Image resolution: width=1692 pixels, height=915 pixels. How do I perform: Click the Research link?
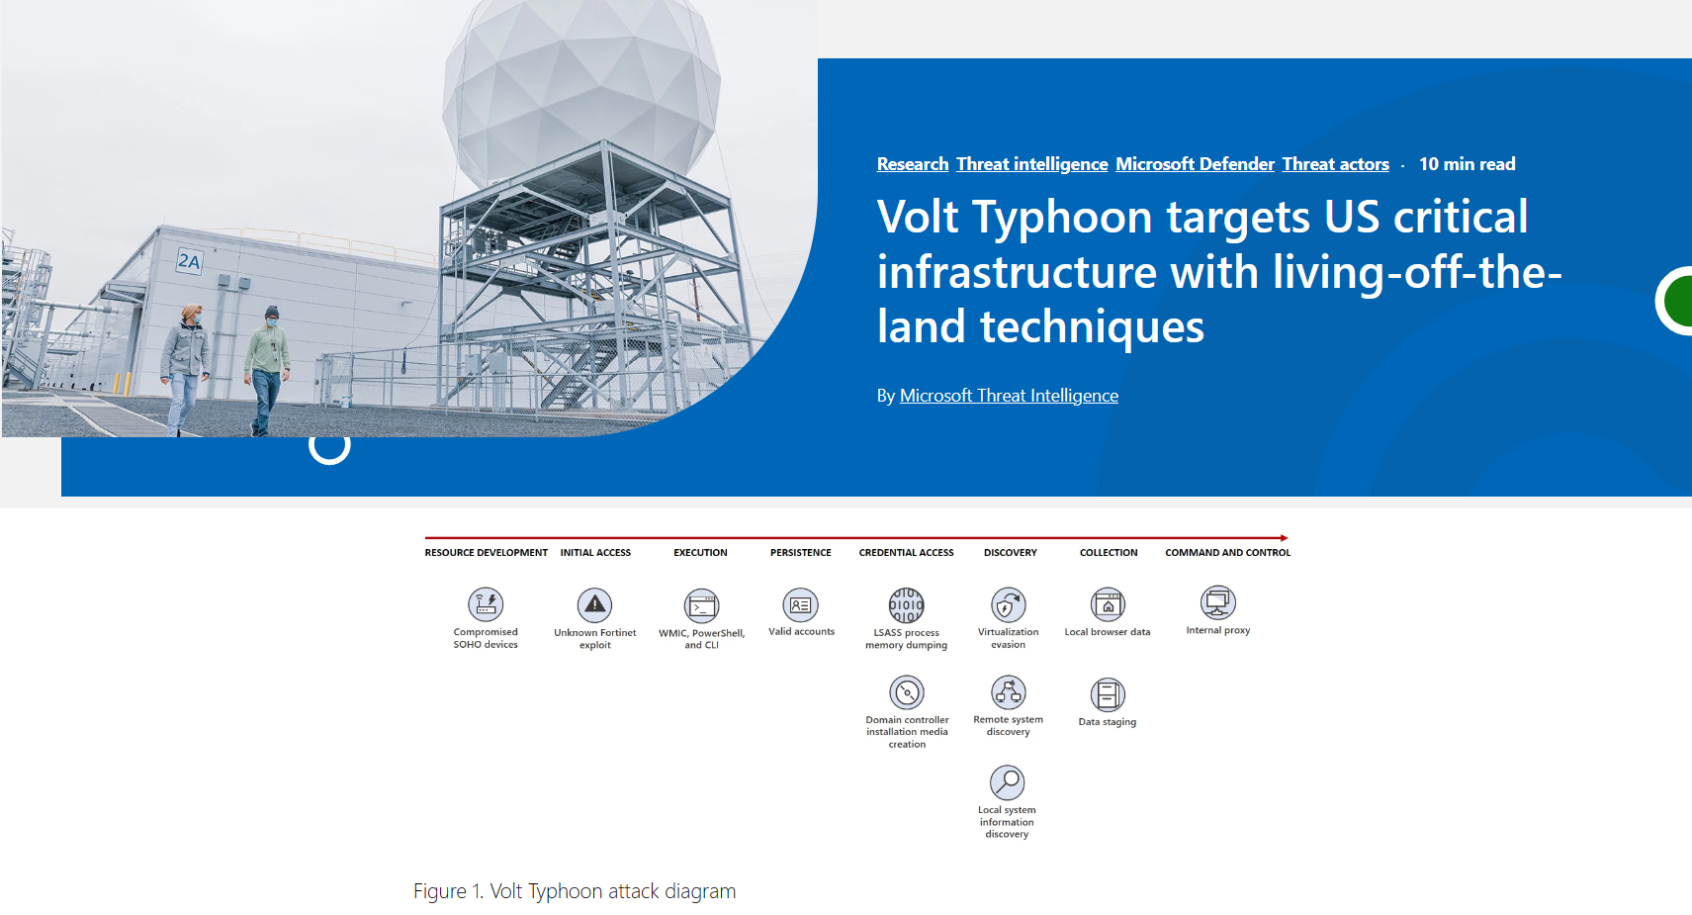pyautogui.click(x=912, y=164)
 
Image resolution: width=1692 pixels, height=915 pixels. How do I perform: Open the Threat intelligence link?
pyautogui.click(x=1031, y=164)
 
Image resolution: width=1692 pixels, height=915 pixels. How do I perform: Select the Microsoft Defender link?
pyautogui.click(x=1195, y=164)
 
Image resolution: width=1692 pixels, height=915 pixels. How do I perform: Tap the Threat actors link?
pyautogui.click(x=1335, y=164)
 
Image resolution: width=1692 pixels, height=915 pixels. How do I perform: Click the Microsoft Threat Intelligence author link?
pyautogui.click(x=1009, y=395)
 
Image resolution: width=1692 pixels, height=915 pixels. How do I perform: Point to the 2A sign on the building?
pyautogui.click(x=188, y=261)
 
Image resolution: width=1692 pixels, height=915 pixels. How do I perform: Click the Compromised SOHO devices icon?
pyautogui.click(x=486, y=604)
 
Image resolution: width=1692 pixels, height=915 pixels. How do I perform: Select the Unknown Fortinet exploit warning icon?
pyautogui.click(x=595, y=605)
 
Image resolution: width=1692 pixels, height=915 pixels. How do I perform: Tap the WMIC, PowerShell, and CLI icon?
pyautogui.click(x=702, y=606)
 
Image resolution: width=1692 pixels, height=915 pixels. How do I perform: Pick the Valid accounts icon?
pyautogui.click(x=801, y=605)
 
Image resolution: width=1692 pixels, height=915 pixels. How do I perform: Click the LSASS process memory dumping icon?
pyautogui.click(x=907, y=605)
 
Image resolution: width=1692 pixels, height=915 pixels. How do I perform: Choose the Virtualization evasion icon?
pyautogui.click(x=1009, y=604)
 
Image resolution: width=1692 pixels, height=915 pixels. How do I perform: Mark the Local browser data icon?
pyautogui.click(x=1109, y=604)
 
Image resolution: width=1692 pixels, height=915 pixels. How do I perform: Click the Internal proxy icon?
pyautogui.click(x=1218, y=603)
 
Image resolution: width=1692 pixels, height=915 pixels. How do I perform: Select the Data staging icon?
pyautogui.click(x=1109, y=694)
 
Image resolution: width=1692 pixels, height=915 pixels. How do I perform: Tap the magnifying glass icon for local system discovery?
pyautogui.click(x=1008, y=782)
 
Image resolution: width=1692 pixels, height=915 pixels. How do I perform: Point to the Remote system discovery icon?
pyautogui.click(x=1009, y=692)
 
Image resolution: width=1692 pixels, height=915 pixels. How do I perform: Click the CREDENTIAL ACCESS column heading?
pyautogui.click(x=907, y=552)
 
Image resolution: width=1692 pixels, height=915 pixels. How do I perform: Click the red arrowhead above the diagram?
pyautogui.click(x=1285, y=538)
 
